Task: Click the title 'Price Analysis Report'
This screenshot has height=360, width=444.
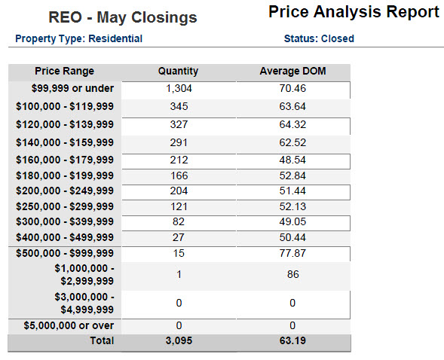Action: (x=354, y=12)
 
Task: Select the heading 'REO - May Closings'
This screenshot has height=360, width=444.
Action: (x=123, y=17)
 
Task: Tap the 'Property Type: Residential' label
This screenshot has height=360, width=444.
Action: (x=78, y=38)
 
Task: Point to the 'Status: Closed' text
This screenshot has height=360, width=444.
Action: (x=319, y=38)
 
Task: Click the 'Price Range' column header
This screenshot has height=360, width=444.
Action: (x=65, y=72)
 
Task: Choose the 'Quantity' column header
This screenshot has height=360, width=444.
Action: (x=178, y=72)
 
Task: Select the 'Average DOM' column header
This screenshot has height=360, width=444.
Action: (x=292, y=72)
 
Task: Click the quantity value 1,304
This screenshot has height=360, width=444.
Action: (x=178, y=89)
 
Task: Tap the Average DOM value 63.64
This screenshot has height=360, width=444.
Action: (x=292, y=107)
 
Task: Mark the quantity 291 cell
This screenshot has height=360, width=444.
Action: (x=178, y=143)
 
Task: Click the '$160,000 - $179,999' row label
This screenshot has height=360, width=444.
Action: (x=65, y=161)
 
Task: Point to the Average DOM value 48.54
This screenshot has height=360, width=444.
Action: (x=292, y=161)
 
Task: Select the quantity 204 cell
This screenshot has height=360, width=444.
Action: (x=178, y=191)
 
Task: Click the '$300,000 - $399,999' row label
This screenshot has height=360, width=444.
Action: (x=65, y=221)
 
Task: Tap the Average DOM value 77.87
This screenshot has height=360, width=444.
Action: (x=292, y=253)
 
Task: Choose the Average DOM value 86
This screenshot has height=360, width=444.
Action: (x=292, y=275)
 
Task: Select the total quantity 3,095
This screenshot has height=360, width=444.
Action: (x=178, y=341)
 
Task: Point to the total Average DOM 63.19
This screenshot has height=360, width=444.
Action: (x=292, y=341)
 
